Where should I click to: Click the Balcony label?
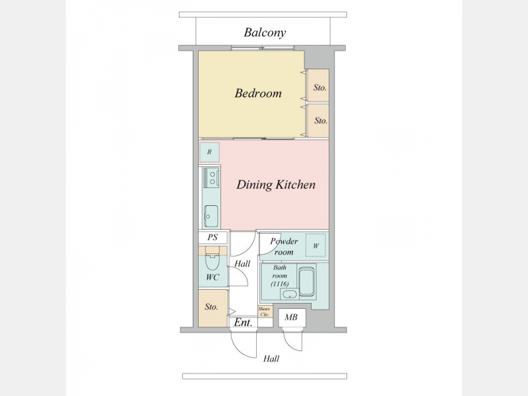point(265,32)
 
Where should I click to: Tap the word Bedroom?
point(258,93)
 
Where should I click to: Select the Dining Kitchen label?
point(276,185)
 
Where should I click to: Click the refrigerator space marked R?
point(209,152)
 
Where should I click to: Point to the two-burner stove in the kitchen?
point(211,178)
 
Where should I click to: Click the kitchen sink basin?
point(211,216)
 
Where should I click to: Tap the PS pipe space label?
point(213,238)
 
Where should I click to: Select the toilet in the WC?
point(212,259)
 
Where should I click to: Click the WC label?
point(212,277)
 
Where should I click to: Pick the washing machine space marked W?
point(316,246)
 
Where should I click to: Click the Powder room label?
point(284,246)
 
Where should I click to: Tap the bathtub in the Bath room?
point(307,282)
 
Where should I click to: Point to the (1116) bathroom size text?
point(280,284)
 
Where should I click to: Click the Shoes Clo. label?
point(265,312)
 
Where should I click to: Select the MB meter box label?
point(291,317)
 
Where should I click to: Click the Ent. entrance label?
point(243,323)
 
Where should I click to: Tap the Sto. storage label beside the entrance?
point(211,307)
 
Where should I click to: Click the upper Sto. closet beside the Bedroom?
point(320,88)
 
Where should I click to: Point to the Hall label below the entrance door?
point(271,358)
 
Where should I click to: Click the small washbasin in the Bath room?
point(289,294)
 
